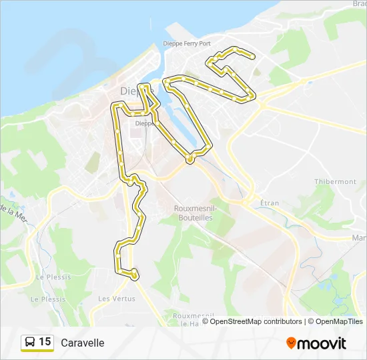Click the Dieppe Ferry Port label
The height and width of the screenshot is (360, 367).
click(x=187, y=44)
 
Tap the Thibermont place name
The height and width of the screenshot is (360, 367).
click(x=335, y=181)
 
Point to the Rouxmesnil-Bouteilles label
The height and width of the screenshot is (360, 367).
click(x=194, y=212)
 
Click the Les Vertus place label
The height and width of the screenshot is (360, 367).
click(x=113, y=299)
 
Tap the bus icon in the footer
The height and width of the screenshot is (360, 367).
click(x=29, y=342)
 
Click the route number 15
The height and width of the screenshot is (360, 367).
click(x=45, y=342)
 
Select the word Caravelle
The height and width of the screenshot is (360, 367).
click(x=83, y=343)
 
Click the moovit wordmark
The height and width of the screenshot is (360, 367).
click(x=322, y=343)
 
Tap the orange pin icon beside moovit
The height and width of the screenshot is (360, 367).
click(x=291, y=343)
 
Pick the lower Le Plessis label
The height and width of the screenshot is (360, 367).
click(x=48, y=299)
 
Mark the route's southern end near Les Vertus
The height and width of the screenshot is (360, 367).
click(x=135, y=275)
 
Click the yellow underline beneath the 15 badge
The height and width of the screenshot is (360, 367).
click(x=37, y=351)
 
